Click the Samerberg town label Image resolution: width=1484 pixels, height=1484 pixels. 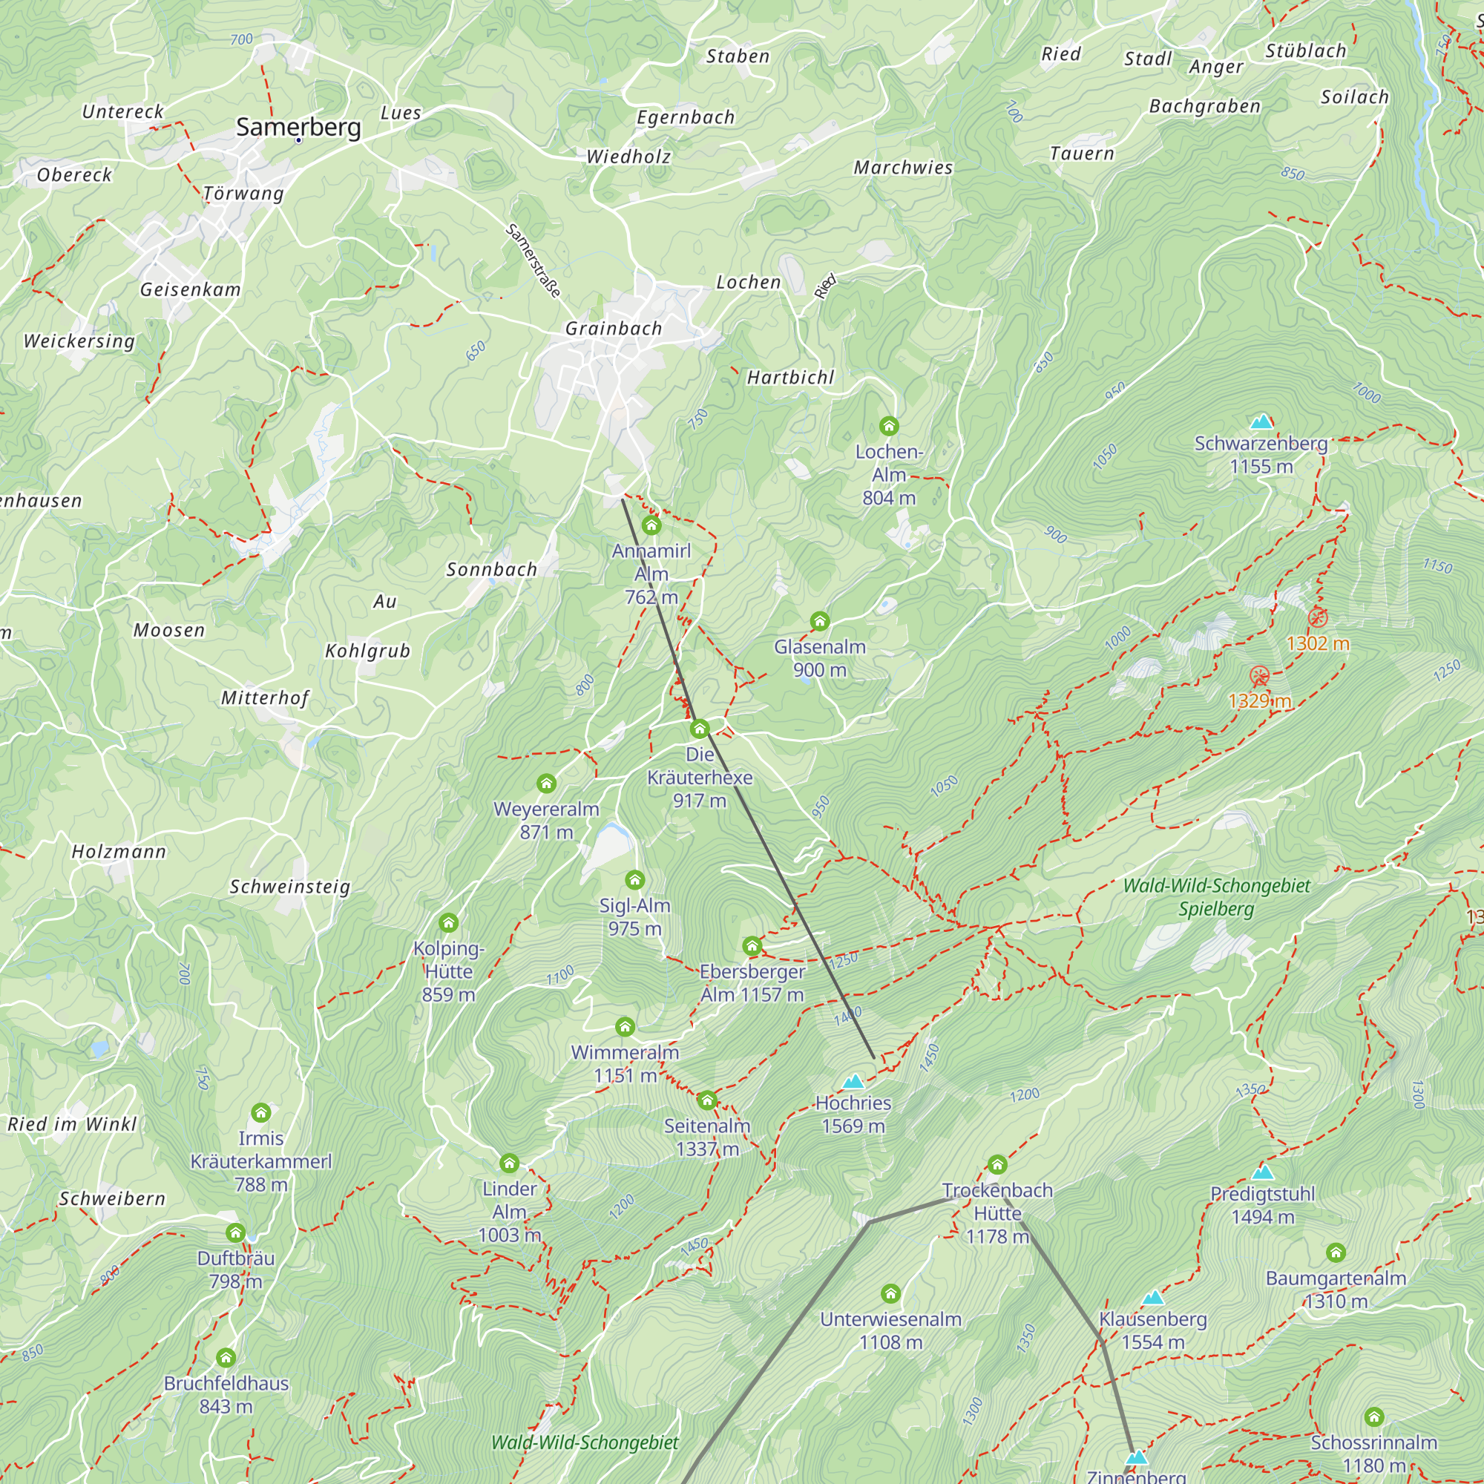[298, 127]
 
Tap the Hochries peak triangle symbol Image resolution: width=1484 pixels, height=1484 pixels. [853, 1083]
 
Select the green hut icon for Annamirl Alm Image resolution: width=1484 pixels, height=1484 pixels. [651, 525]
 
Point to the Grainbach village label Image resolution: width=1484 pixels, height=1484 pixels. [613, 329]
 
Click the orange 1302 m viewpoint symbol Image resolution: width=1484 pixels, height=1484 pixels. [1317, 617]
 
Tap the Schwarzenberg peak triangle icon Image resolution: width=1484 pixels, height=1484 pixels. [1261, 421]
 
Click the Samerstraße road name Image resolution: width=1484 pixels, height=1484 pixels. [533, 260]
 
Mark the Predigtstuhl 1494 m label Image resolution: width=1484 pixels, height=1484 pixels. [1262, 1205]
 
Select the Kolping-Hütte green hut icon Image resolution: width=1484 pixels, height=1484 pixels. [449, 922]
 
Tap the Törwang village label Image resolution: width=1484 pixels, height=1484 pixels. [243, 194]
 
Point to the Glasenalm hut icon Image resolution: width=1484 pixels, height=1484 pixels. [820, 620]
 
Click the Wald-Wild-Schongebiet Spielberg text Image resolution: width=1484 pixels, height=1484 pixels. [1216, 897]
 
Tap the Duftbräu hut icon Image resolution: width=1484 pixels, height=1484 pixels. [236, 1232]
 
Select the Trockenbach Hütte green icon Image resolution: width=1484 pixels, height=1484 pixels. [997, 1164]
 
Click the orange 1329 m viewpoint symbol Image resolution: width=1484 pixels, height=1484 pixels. [1259, 676]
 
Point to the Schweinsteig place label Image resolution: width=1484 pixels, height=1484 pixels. [290, 887]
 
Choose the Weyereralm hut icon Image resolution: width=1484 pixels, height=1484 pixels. [546, 784]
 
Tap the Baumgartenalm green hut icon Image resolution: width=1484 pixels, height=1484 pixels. [1336, 1252]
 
